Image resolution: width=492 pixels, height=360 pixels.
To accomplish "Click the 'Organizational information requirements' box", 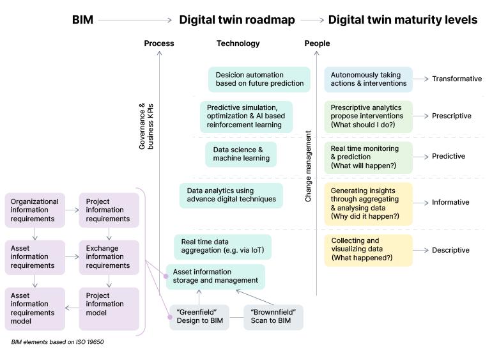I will point(35,210).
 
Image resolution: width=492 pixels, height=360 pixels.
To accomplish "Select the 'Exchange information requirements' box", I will point(109,256).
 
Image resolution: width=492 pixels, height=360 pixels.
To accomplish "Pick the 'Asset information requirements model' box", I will point(35,308).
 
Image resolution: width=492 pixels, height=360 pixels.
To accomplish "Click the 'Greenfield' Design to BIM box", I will point(199,317).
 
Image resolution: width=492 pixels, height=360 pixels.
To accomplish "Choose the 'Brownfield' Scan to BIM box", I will point(273,317).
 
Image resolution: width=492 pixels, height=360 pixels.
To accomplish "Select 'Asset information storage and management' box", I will point(215,276).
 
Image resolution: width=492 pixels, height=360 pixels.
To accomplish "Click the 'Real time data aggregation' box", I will point(222,246).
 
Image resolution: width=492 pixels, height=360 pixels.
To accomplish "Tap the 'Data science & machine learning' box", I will point(241,154).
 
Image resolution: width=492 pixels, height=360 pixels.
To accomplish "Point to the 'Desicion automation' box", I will point(259,79).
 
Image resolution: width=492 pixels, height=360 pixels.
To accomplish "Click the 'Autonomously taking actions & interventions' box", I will point(368,79).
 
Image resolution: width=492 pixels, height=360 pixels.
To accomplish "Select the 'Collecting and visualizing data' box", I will point(368,249).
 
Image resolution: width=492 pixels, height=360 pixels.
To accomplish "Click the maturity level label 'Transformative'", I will point(456,79).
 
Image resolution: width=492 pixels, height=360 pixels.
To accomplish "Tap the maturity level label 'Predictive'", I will point(449,157).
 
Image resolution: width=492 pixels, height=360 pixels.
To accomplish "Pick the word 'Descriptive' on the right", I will point(450,250).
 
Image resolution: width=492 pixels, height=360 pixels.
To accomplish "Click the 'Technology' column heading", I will point(238,43).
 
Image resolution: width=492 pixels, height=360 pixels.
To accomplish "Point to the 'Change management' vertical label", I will point(309,167).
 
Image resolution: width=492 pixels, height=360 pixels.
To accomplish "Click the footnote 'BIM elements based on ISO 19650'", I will point(58,342).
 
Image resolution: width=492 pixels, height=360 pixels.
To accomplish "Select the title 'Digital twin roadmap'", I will point(236,20).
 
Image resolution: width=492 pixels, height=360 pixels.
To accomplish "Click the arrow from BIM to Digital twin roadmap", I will point(135,20).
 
